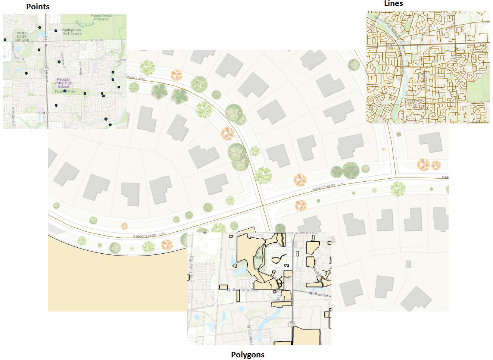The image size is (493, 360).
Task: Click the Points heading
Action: tap(38, 7)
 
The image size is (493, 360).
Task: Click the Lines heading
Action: tap(393, 4)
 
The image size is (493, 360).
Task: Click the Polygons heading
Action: tap(247, 355)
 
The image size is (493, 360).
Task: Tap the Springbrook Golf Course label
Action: tap(72, 32)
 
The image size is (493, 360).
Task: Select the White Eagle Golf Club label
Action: tap(22, 36)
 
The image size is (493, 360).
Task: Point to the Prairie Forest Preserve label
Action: tap(101, 17)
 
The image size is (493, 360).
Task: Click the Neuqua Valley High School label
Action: tap(63, 83)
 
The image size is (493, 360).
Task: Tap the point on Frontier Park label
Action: tap(65, 91)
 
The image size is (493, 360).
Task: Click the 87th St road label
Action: tap(97, 40)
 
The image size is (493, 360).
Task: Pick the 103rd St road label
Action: tap(43, 113)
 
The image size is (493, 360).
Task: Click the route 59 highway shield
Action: tap(46, 68)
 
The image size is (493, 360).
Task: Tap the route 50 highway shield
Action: tap(292, 324)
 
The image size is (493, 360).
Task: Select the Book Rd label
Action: tap(80, 69)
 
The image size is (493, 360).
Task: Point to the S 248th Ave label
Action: tap(13, 117)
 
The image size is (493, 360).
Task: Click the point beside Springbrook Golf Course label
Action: tap(56, 31)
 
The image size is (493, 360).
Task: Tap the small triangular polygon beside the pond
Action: tap(235, 266)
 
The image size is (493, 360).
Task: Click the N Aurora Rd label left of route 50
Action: tap(243, 290)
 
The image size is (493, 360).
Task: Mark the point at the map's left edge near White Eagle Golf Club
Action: tap(5, 40)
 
